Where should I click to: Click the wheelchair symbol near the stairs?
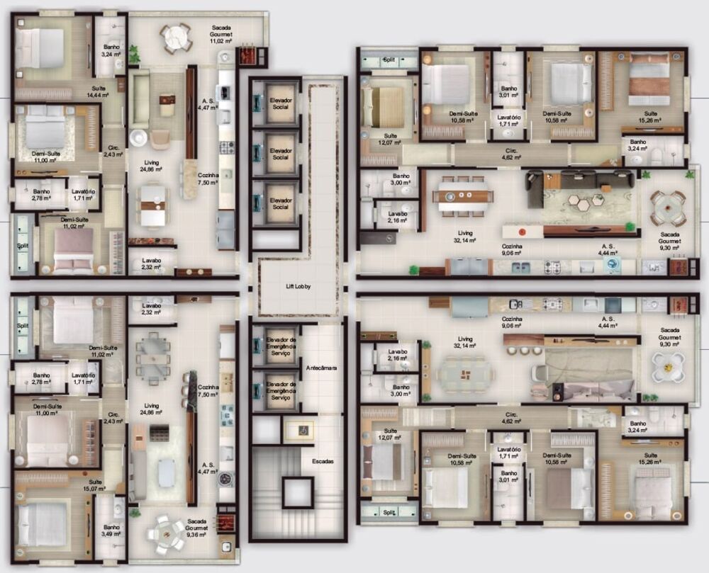click(x=298, y=429)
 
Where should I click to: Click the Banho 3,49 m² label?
click(x=111, y=531)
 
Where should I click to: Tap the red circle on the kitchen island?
click(x=522, y=232)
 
